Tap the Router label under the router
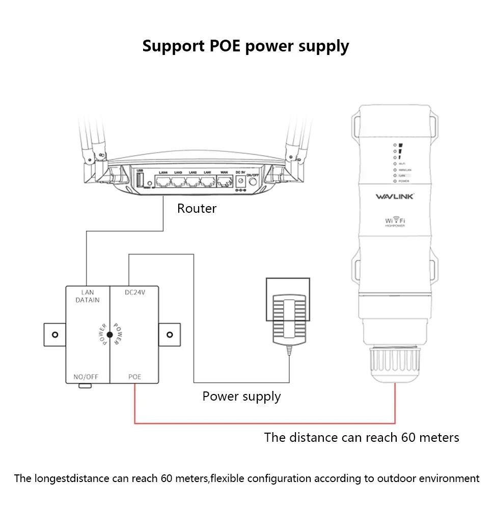[197, 209]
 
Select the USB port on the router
[140, 180]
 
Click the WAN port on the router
[224, 181]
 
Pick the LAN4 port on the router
[164, 182]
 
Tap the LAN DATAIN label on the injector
[88, 297]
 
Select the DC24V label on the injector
[135, 293]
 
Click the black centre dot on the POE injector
[109, 334]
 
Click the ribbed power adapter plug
[288, 319]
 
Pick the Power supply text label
[241, 397]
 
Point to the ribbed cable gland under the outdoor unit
[395, 366]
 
